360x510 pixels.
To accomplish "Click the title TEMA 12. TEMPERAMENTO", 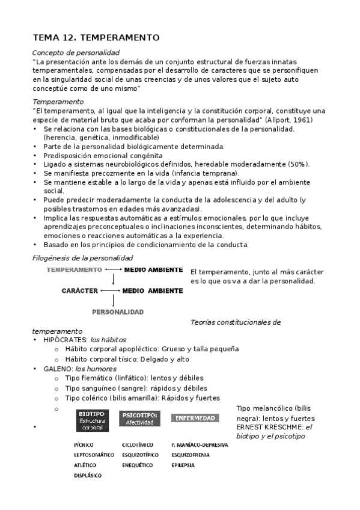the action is pos(96,37).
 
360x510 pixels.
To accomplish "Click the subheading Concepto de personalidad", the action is pos(76,53).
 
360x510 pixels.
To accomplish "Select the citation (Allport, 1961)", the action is pos(291,120).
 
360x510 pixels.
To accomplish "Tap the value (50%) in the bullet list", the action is pos(297,164).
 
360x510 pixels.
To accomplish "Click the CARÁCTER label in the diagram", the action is pos(79,290).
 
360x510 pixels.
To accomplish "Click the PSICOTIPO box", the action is pos(139,419).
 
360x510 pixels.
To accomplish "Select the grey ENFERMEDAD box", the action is pos(195,417).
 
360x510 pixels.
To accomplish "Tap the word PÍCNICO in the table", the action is pos(84,445).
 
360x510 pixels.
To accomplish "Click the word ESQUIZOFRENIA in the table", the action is pos(190,455).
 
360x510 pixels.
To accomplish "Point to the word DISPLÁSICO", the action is pos(88,475).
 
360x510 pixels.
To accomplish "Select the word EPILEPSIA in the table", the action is pos(183,465).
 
